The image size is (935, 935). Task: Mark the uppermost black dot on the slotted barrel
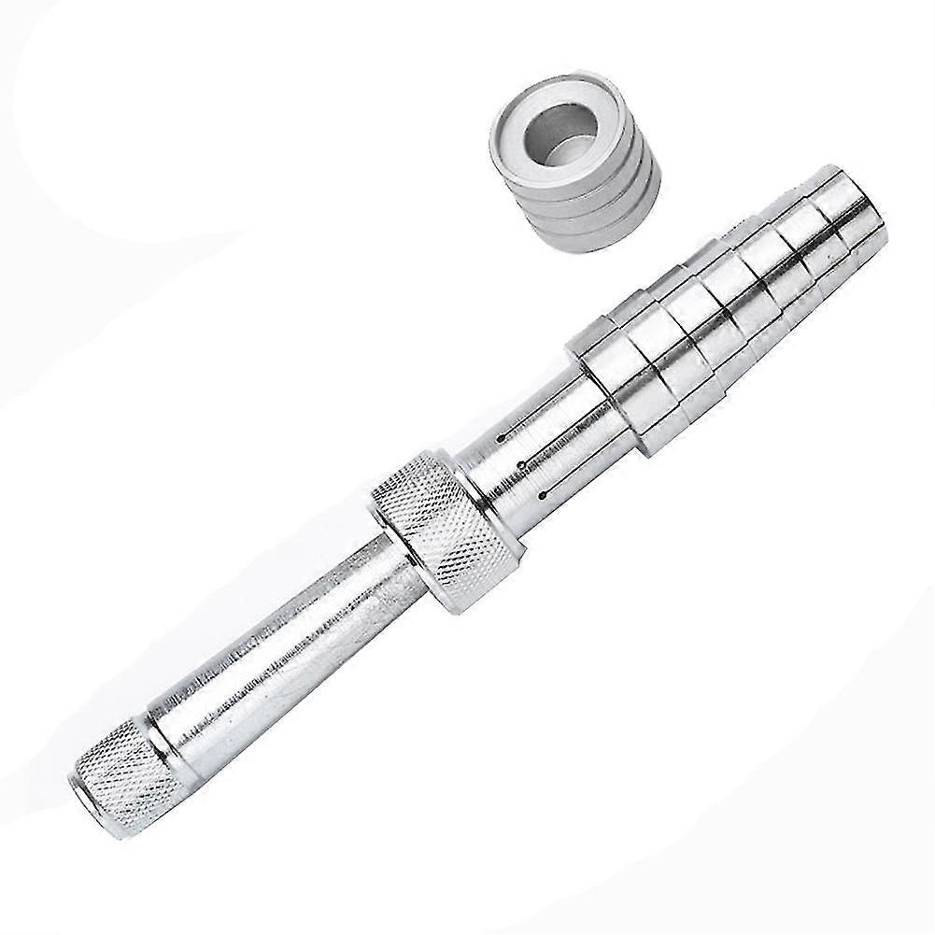502,437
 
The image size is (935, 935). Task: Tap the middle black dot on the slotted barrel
521,464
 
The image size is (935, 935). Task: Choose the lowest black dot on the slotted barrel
543,493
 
